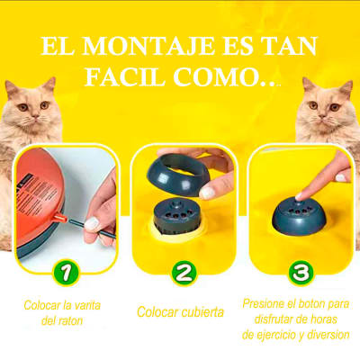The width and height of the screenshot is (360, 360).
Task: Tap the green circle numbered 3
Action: coord(299,271)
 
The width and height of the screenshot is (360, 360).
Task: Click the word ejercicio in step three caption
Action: coord(274,335)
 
